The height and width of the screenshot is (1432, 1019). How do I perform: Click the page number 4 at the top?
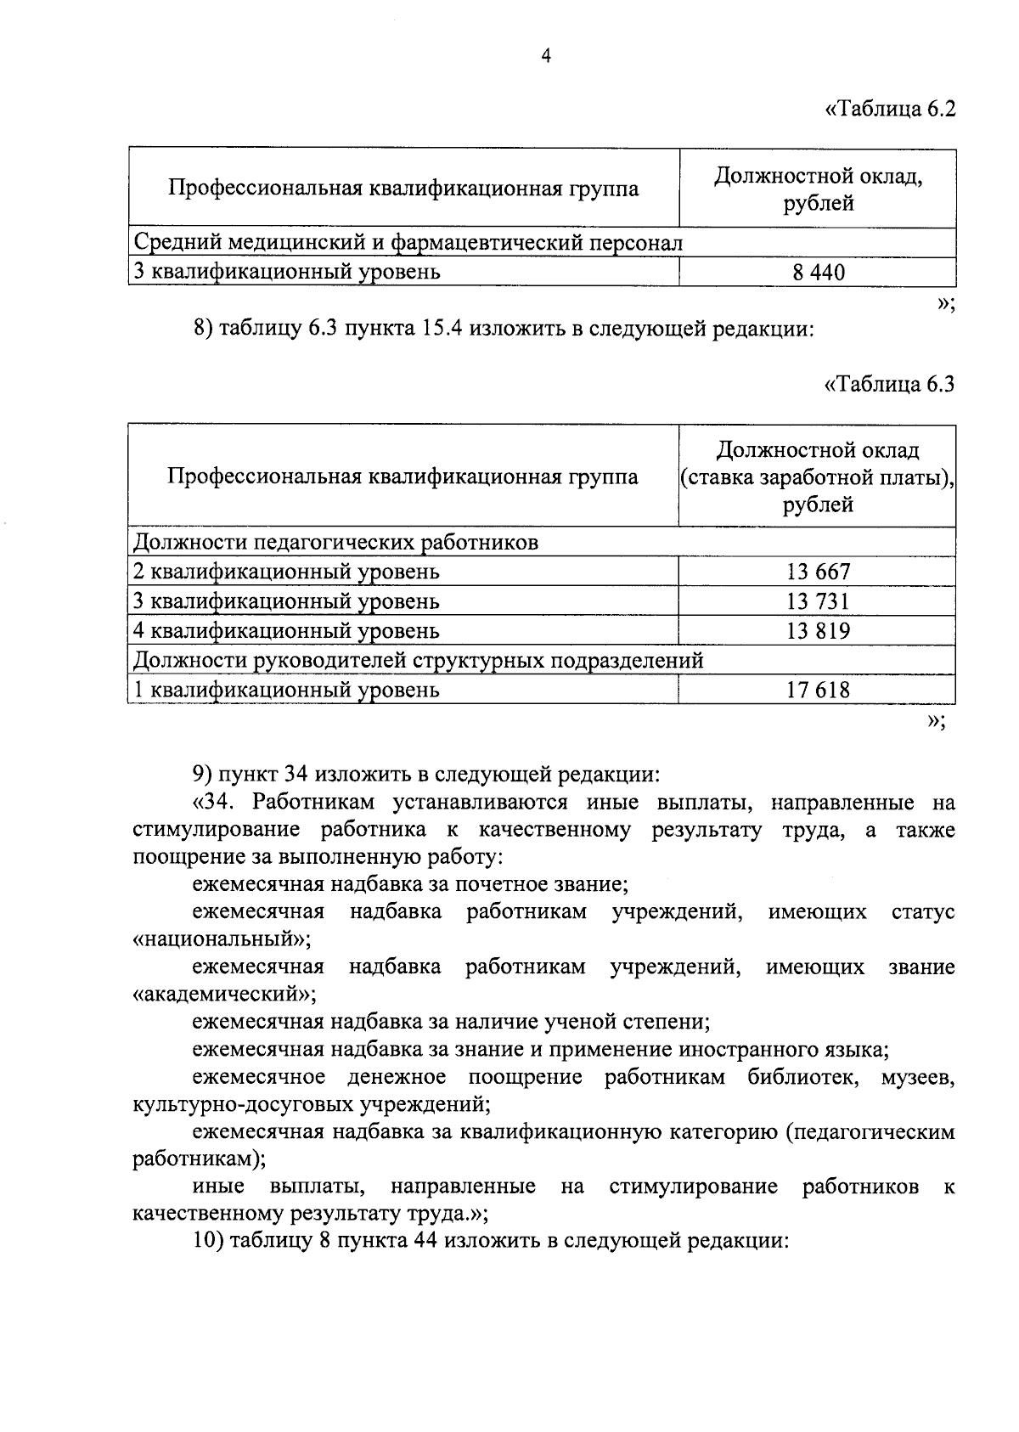pyautogui.click(x=546, y=56)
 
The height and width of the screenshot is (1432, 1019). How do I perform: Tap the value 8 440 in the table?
pyautogui.click(x=818, y=272)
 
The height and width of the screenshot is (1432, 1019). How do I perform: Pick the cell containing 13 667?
pyautogui.click(x=818, y=572)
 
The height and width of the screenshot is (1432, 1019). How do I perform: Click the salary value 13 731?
pyautogui.click(x=818, y=601)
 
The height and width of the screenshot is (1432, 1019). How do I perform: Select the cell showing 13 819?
pyautogui.click(x=818, y=631)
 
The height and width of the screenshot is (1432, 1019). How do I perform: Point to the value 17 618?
pyautogui.click(x=818, y=690)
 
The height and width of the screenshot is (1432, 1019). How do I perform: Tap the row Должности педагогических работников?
pyautogui.click(x=336, y=542)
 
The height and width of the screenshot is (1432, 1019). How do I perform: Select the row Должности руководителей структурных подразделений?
pyautogui.click(x=419, y=660)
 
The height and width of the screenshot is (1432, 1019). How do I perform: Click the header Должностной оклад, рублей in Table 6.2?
pyautogui.click(x=818, y=189)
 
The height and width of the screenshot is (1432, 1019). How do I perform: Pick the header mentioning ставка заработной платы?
pyautogui.click(x=818, y=477)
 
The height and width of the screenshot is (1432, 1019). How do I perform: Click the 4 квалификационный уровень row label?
pyautogui.click(x=287, y=631)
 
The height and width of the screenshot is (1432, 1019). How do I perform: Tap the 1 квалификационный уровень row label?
pyautogui.click(x=287, y=690)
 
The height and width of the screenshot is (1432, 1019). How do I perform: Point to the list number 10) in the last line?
pyautogui.click(x=207, y=1240)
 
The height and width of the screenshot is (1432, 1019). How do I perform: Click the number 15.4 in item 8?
pyautogui.click(x=442, y=328)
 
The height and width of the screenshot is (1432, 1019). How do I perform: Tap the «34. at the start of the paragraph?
pyautogui.click(x=218, y=803)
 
